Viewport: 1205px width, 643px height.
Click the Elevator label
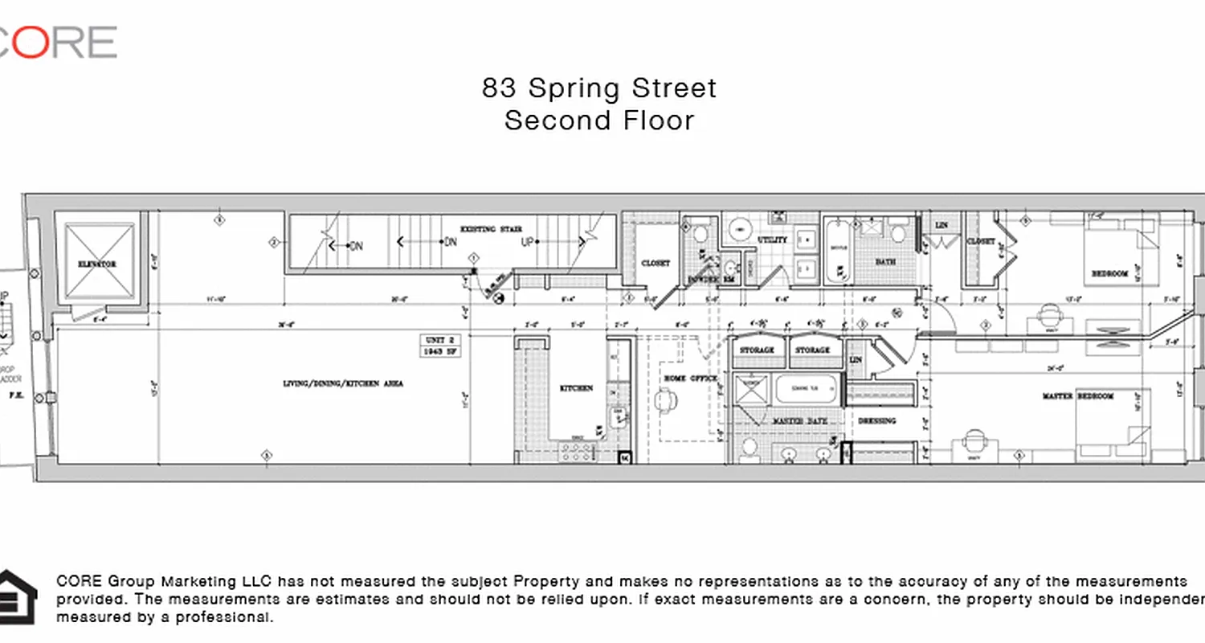point(97,264)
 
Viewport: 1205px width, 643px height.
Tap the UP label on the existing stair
point(528,241)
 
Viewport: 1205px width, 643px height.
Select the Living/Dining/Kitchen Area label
point(343,384)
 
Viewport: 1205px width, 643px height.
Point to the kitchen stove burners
point(577,452)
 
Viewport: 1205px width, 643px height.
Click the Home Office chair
point(666,399)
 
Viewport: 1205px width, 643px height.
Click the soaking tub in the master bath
point(806,389)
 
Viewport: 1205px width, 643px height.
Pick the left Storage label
point(757,350)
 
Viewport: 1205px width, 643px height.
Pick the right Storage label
point(813,350)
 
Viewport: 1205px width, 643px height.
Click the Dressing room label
point(876,420)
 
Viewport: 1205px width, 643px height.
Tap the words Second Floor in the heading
point(599,121)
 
